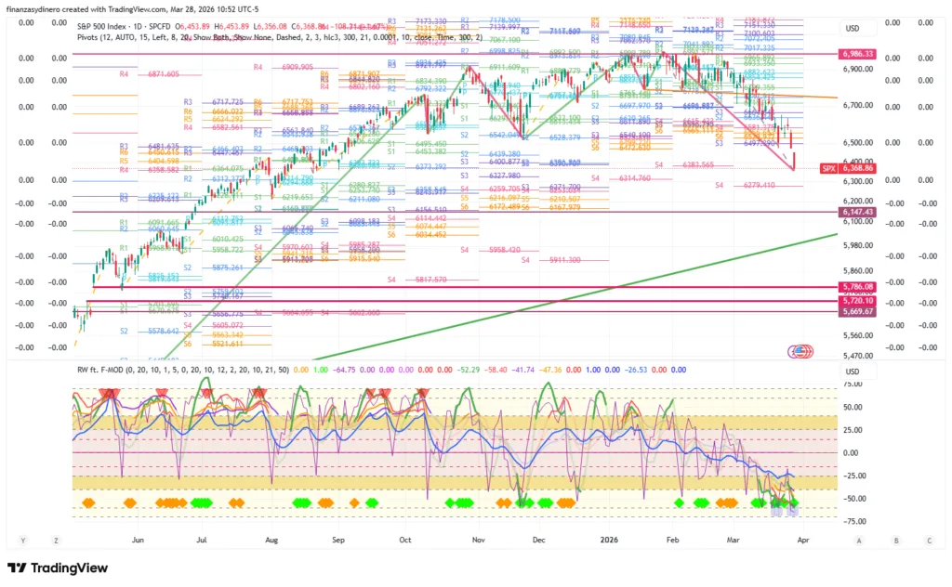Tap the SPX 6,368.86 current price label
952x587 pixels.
[849, 168]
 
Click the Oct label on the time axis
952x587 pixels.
[405, 539]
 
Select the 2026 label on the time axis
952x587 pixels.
[610, 539]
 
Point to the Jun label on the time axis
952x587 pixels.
[139, 539]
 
